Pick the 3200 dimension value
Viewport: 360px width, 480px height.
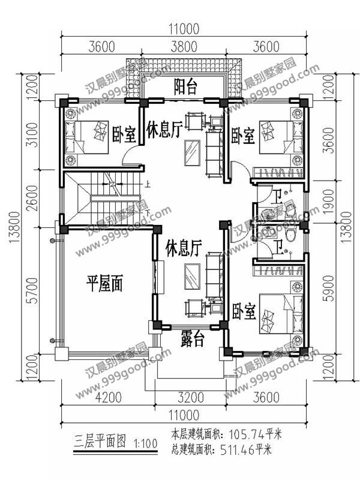[191, 397]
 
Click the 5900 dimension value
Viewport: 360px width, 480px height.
[329, 289]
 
